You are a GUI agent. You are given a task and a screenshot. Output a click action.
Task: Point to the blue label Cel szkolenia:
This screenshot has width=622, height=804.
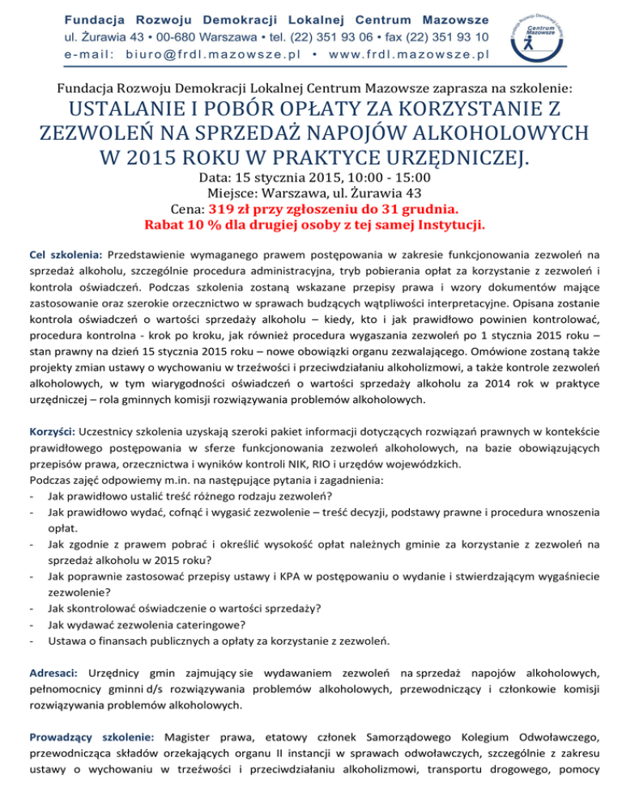[x=65, y=254]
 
